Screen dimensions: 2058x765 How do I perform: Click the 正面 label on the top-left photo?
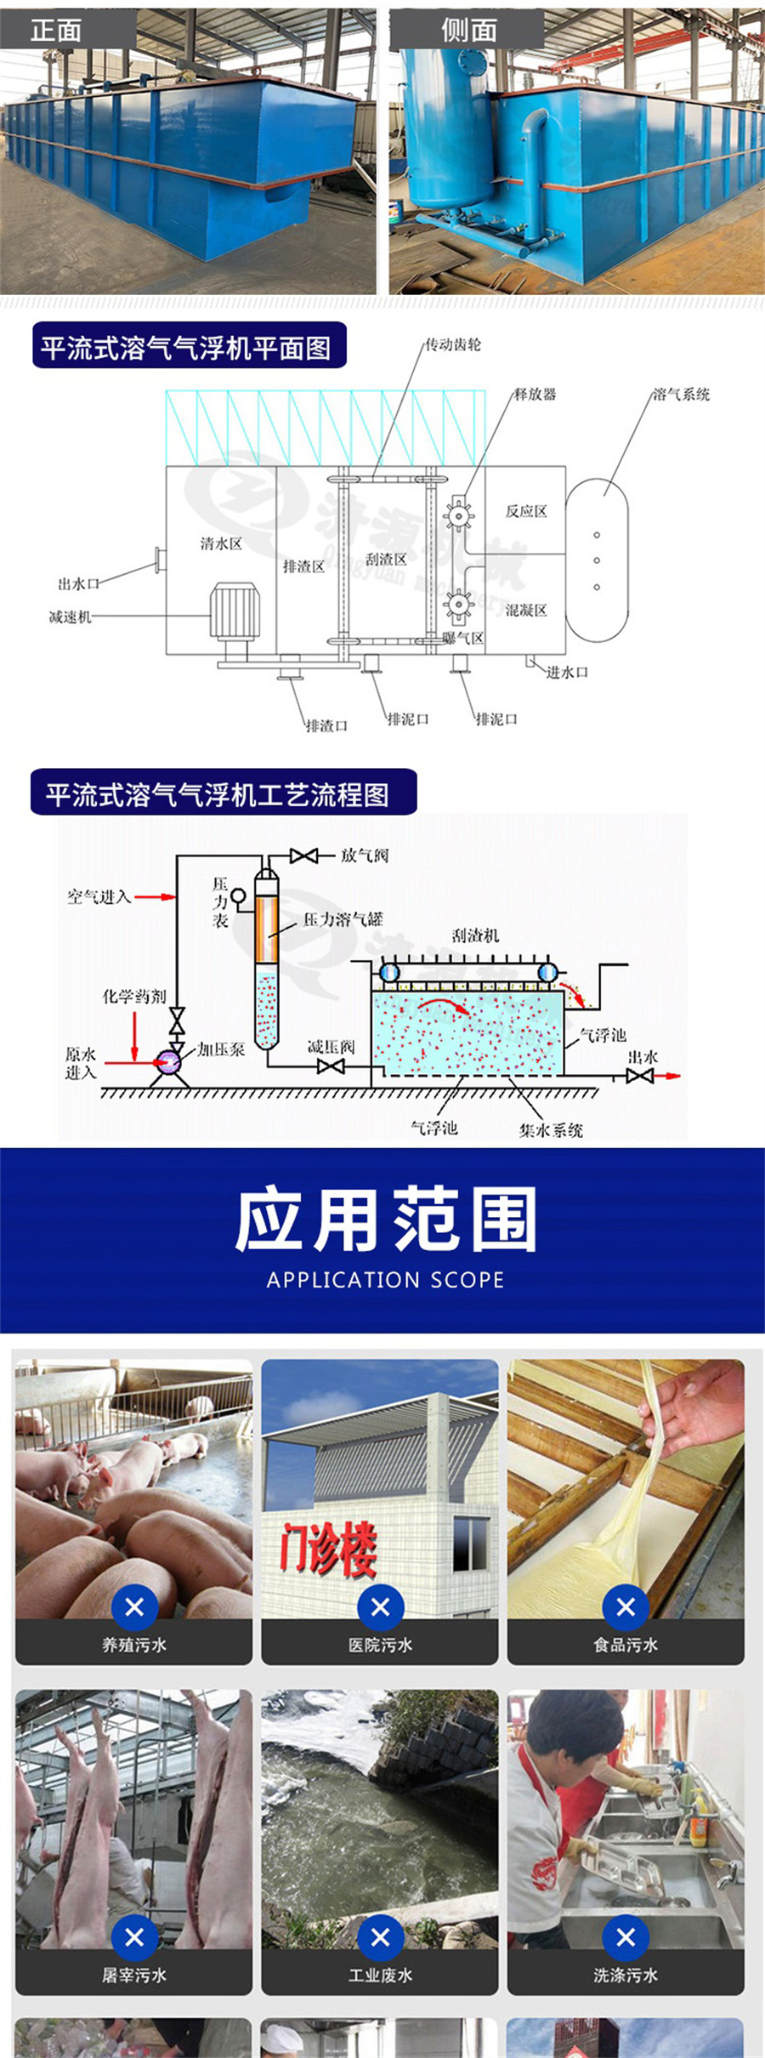[56, 31]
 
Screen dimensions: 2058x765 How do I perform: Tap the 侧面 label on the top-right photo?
[468, 31]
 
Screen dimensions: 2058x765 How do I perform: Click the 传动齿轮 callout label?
[452, 344]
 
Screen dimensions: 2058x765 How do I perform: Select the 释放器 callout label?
[535, 394]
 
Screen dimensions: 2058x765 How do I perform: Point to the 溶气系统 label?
[681, 394]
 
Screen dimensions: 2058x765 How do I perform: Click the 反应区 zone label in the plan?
[526, 511]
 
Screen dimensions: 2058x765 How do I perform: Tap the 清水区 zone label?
[221, 543]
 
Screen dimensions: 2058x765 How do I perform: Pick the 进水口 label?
[567, 672]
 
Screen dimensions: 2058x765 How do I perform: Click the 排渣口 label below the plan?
[327, 725]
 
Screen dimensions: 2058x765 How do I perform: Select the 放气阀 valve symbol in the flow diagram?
[303, 856]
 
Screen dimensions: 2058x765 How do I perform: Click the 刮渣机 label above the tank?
[475, 935]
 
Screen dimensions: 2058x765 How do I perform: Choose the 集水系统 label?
[551, 1130]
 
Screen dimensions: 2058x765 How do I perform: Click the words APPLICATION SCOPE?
[385, 1280]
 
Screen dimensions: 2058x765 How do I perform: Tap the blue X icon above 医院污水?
[380, 1606]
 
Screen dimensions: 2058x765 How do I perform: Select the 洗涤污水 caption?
[626, 1976]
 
